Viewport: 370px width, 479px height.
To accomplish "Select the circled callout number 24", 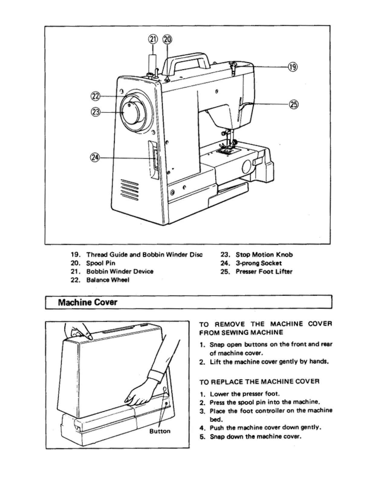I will pyautogui.click(x=95, y=157).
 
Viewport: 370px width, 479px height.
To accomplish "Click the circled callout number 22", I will pyautogui.click(x=95, y=96).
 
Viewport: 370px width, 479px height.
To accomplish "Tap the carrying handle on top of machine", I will pyautogui.click(x=187, y=59).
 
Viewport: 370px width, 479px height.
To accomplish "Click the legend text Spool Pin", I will pyautogui.click(x=101, y=263).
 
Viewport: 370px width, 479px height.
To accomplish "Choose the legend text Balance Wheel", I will pyautogui.click(x=108, y=280).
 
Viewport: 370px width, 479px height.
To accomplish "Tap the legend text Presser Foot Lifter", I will pyautogui.click(x=264, y=272).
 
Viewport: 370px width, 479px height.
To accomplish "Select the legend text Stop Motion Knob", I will pyautogui.click(x=264, y=255).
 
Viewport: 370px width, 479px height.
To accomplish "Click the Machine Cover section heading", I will pyautogui.click(x=88, y=302).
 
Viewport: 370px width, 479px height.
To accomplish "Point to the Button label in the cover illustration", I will pyautogui.click(x=160, y=431).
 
